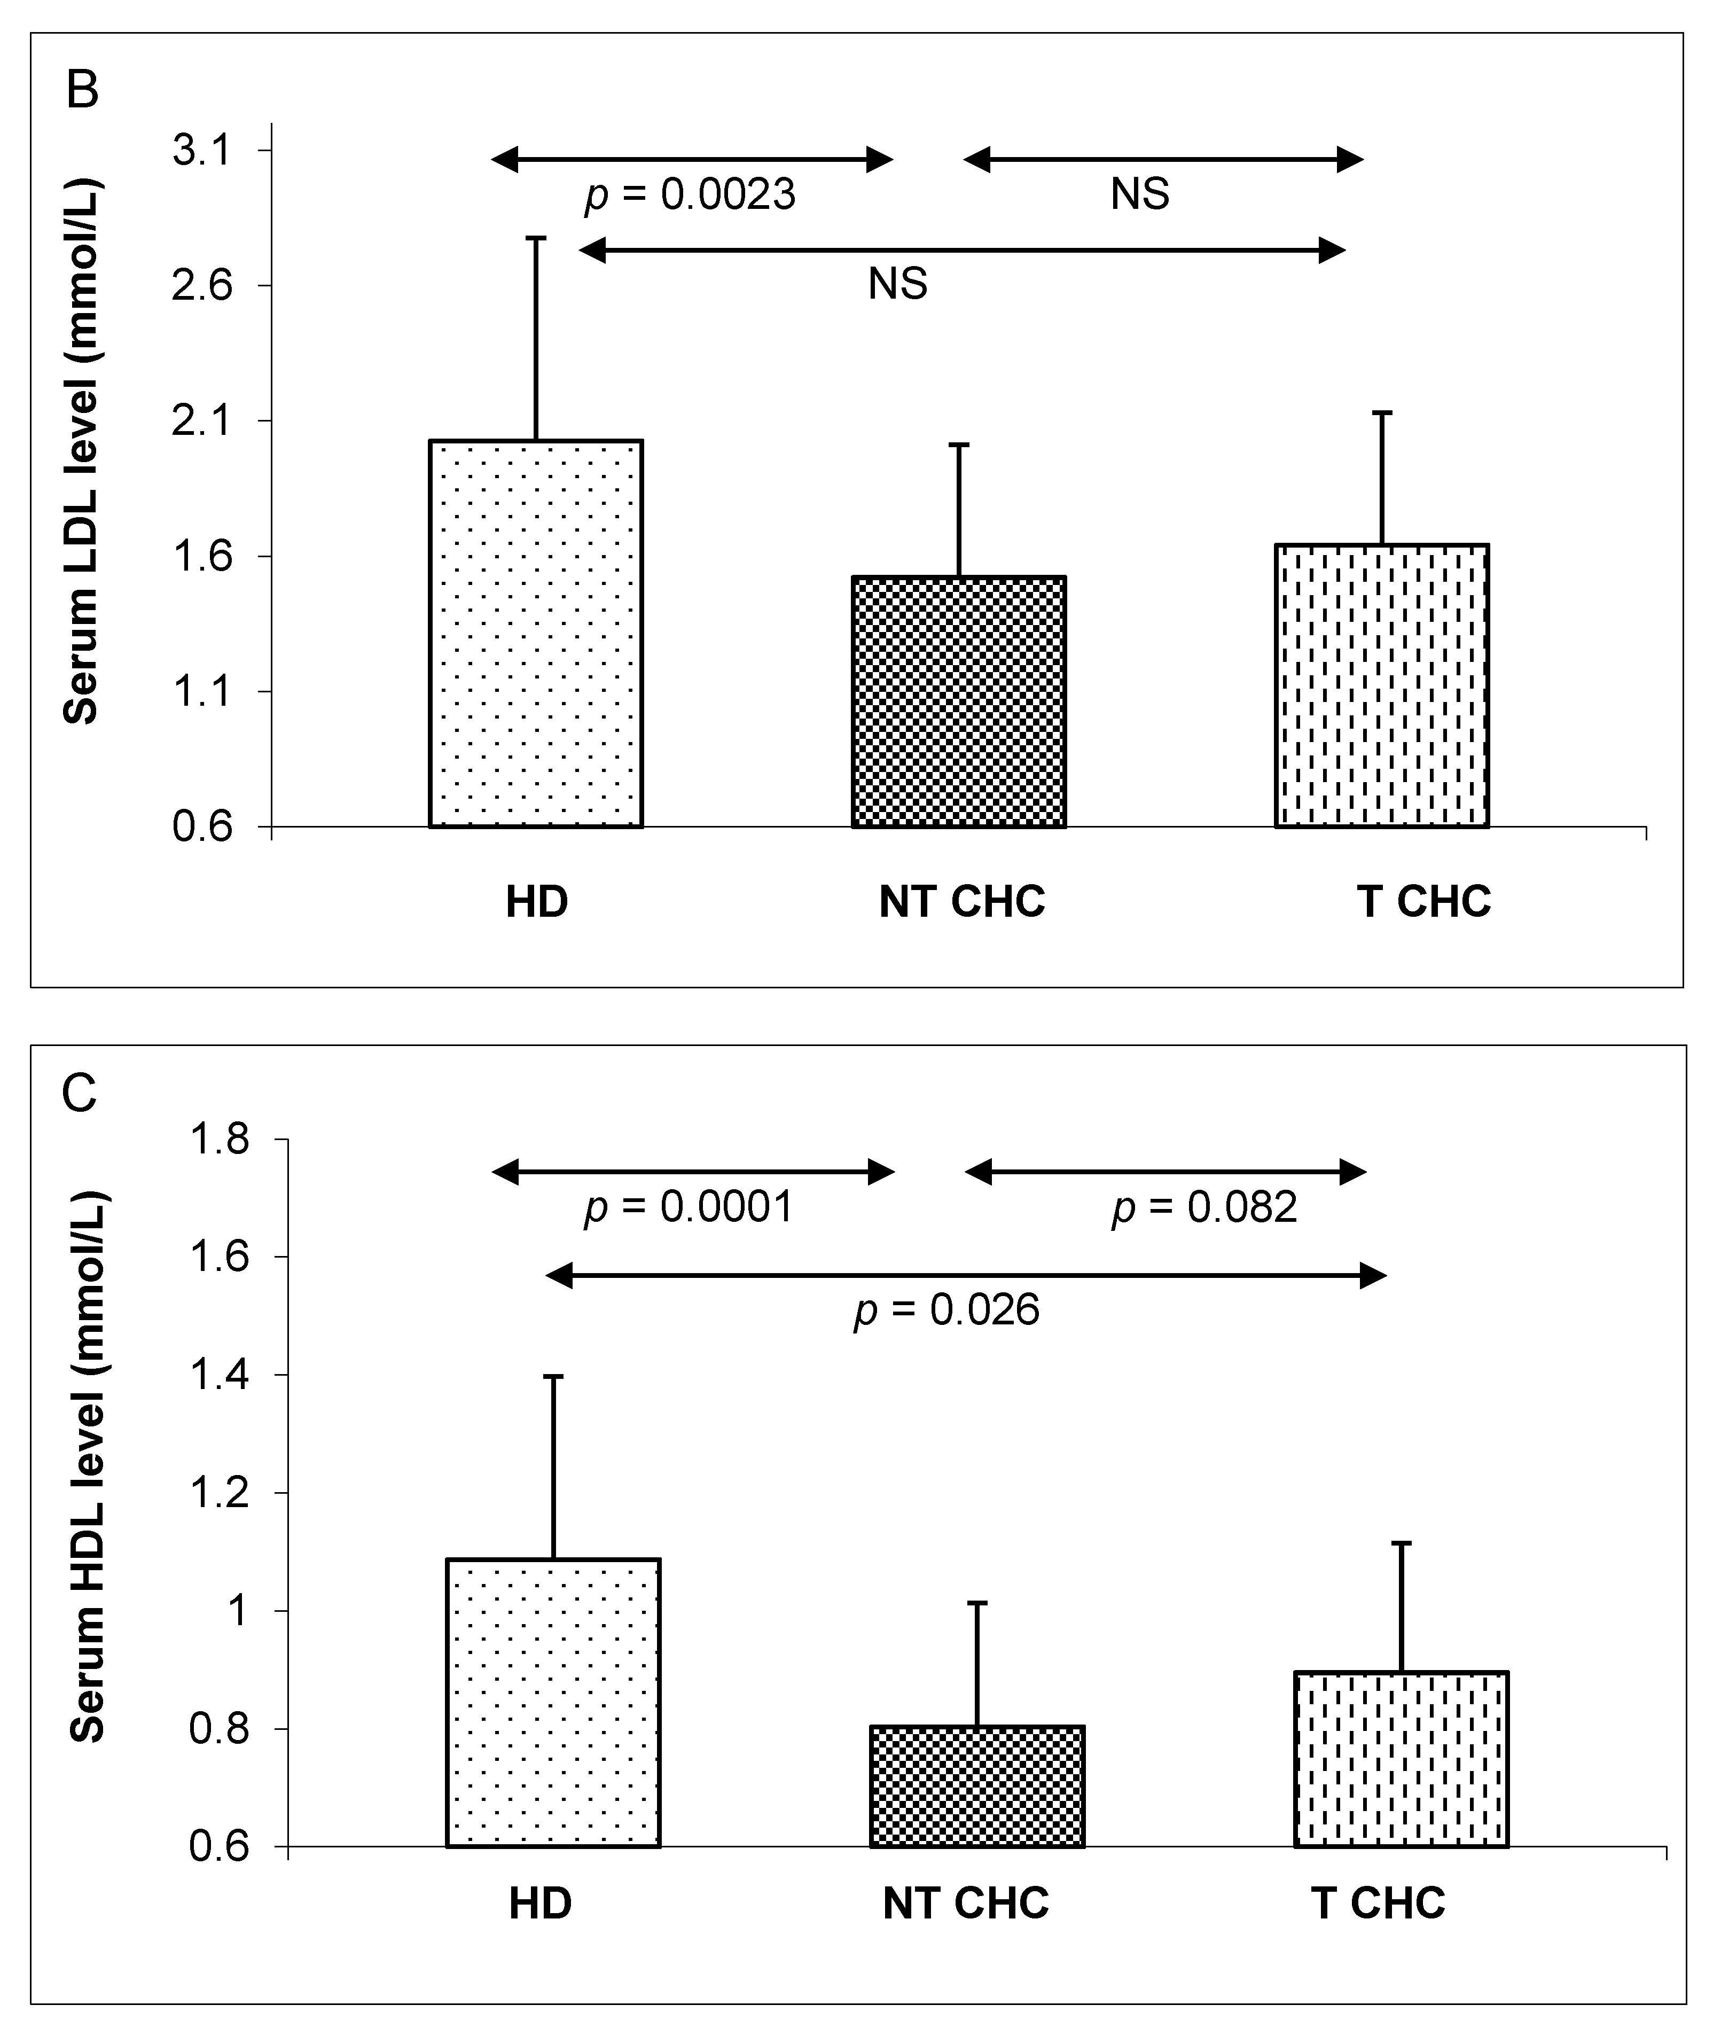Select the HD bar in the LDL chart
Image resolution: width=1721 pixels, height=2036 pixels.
click(x=536, y=634)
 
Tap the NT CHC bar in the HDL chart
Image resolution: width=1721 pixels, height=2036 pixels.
click(x=976, y=1787)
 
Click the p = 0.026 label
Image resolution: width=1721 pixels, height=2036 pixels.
click(x=946, y=1310)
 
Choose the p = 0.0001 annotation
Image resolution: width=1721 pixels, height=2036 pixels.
click(x=689, y=1208)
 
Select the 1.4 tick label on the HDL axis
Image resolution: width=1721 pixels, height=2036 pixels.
click(x=220, y=1376)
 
